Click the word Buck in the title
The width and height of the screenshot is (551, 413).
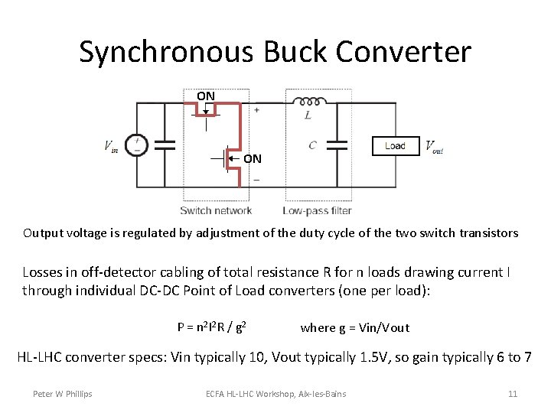pos(299,52)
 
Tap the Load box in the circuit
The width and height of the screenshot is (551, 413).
pos(395,145)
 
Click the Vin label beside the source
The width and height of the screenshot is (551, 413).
pos(112,145)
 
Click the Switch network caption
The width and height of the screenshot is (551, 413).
pos(216,210)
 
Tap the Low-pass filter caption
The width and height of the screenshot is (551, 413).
pos(317,210)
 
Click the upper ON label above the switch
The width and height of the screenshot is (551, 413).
pos(206,96)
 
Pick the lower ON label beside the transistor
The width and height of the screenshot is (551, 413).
pos(253,159)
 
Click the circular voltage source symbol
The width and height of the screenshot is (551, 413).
pos(136,145)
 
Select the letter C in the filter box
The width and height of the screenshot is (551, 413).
pos(312,145)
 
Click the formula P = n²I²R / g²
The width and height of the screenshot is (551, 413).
pos(211,327)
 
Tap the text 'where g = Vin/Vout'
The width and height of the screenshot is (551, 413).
pos(355,327)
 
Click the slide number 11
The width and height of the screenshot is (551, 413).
pos(513,394)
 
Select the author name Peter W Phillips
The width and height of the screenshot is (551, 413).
pos(62,394)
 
